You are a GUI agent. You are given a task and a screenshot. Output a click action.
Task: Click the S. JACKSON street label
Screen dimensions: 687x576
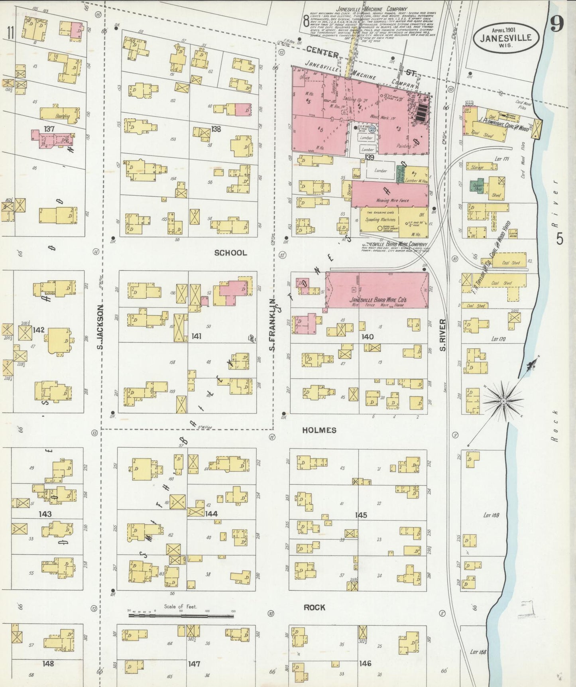click(100, 327)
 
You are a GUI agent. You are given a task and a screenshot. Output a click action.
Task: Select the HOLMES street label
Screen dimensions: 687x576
click(319, 430)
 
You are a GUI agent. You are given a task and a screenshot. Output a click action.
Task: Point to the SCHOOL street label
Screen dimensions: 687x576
click(230, 253)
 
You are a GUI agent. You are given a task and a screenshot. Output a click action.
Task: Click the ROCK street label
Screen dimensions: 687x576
click(314, 607)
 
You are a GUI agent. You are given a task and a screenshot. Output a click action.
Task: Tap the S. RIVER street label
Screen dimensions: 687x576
click(442, 335)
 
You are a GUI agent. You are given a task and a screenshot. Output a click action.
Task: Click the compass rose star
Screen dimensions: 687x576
click(503, 400)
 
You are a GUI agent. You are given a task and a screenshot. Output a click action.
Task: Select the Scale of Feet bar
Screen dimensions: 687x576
click(181, 616)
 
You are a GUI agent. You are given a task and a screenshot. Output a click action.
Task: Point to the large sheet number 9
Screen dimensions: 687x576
click(557, 25)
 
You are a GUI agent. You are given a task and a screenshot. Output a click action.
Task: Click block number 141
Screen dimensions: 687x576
click(196, 337)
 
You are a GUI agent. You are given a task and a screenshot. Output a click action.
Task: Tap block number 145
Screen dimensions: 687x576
click(361, 515)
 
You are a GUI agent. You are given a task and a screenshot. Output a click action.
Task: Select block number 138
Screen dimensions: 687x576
click(216, 129)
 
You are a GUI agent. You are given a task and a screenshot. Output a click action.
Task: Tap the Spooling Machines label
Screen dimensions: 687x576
click(381, 219)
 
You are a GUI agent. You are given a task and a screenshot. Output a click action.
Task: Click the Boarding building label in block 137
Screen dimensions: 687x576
click(63, 116)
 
